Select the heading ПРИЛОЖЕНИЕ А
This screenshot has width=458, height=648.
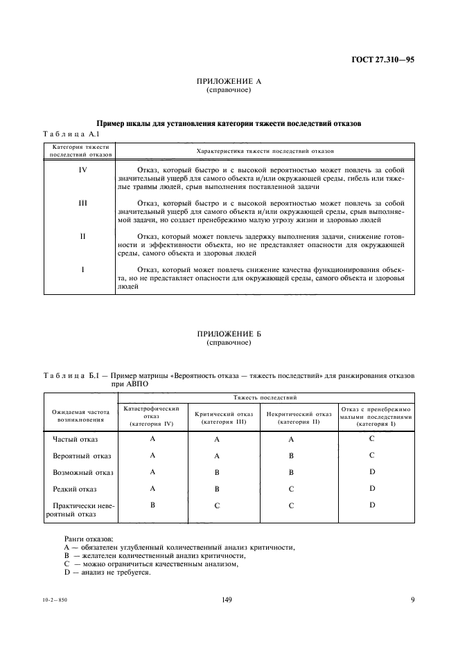point(229,82)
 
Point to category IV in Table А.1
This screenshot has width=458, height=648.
point(82,170)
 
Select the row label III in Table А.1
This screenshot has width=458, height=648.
point(82,203)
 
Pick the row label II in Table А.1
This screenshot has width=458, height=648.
point(82,236)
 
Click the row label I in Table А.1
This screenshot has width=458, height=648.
point(82,269)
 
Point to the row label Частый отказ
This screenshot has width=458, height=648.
point(76,440)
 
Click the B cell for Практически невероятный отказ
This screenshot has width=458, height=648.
point(152,505)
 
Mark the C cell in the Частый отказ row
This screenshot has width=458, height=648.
point(372,439)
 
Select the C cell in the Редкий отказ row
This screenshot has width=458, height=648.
point(291,489)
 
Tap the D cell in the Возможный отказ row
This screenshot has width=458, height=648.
point(372,472)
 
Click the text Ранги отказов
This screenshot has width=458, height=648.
point(89,539)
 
